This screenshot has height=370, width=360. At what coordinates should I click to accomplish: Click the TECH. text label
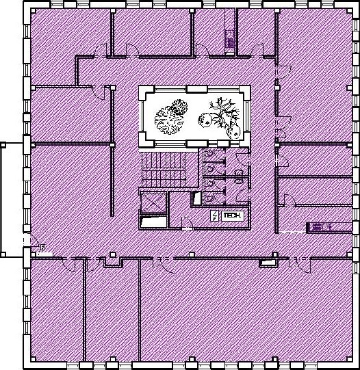click(x=232, y=215)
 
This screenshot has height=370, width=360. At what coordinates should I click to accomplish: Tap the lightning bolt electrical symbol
click(x=214, y=216)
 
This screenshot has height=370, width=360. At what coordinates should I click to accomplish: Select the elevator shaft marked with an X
click(x=153, y=202)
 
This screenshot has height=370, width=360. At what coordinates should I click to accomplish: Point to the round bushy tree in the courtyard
click(x=171, y=116)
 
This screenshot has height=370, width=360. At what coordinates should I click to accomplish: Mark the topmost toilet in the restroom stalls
click(x=209, y=154)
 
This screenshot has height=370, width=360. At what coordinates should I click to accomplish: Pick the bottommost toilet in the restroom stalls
click(x=209, y=198)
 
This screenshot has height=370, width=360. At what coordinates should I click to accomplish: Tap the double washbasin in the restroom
click(x=239, y=176)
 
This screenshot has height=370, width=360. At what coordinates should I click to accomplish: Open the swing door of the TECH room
click(x=188, y=223)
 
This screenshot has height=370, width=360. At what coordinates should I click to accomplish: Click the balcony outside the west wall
click(x=12, y=200)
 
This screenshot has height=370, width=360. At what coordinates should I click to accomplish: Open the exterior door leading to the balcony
click(x=31, y=240)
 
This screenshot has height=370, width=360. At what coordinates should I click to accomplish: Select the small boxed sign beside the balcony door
click(x=43, y=248)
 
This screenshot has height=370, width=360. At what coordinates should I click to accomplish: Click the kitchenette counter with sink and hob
click(x=330, y=227)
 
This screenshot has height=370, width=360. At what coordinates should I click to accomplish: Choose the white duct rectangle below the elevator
click(x=153, y=222)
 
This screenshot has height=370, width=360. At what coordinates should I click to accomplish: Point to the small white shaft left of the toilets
click(x=196, y=198)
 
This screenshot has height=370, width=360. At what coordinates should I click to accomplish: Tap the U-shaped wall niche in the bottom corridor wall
click(x=114, y=262)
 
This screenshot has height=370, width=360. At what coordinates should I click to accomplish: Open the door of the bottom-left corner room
click(x=69, y=264)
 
